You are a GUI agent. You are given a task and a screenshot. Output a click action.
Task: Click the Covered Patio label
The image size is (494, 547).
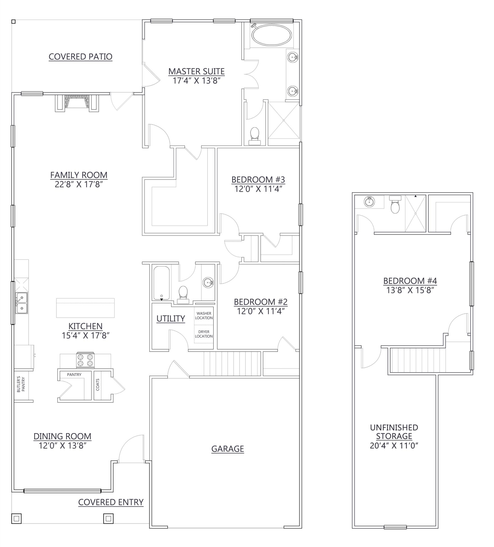[81, 57]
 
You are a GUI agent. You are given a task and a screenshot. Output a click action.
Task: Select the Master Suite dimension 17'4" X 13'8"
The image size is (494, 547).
[197, 81]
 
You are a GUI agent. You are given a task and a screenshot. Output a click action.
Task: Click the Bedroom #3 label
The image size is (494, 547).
[258, 179]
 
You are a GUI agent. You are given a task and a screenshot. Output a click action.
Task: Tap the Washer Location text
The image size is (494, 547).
[204, 316]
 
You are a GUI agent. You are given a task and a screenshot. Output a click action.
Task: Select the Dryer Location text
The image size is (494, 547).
[204, 334]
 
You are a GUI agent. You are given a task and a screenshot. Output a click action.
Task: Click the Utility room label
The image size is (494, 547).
[171, 319]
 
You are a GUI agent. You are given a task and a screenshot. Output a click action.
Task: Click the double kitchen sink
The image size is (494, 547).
[22, 303]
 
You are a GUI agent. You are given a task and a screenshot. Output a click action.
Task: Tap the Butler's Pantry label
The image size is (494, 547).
[21, 385]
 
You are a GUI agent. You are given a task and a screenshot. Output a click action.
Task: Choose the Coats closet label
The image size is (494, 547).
[98, 384]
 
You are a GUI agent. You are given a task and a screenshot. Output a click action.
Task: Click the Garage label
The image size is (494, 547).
[227, 449]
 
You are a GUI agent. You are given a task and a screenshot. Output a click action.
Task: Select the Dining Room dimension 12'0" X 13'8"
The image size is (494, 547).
[63, 446]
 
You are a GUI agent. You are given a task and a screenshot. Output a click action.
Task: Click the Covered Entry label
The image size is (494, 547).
[111, 502]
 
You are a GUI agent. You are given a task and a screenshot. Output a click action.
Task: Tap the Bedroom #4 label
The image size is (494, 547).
[410, 281]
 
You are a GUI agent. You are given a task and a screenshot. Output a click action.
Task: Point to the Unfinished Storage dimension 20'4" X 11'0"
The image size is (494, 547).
[394, 446]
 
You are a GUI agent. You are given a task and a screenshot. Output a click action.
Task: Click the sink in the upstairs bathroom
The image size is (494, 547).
[369, 202]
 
